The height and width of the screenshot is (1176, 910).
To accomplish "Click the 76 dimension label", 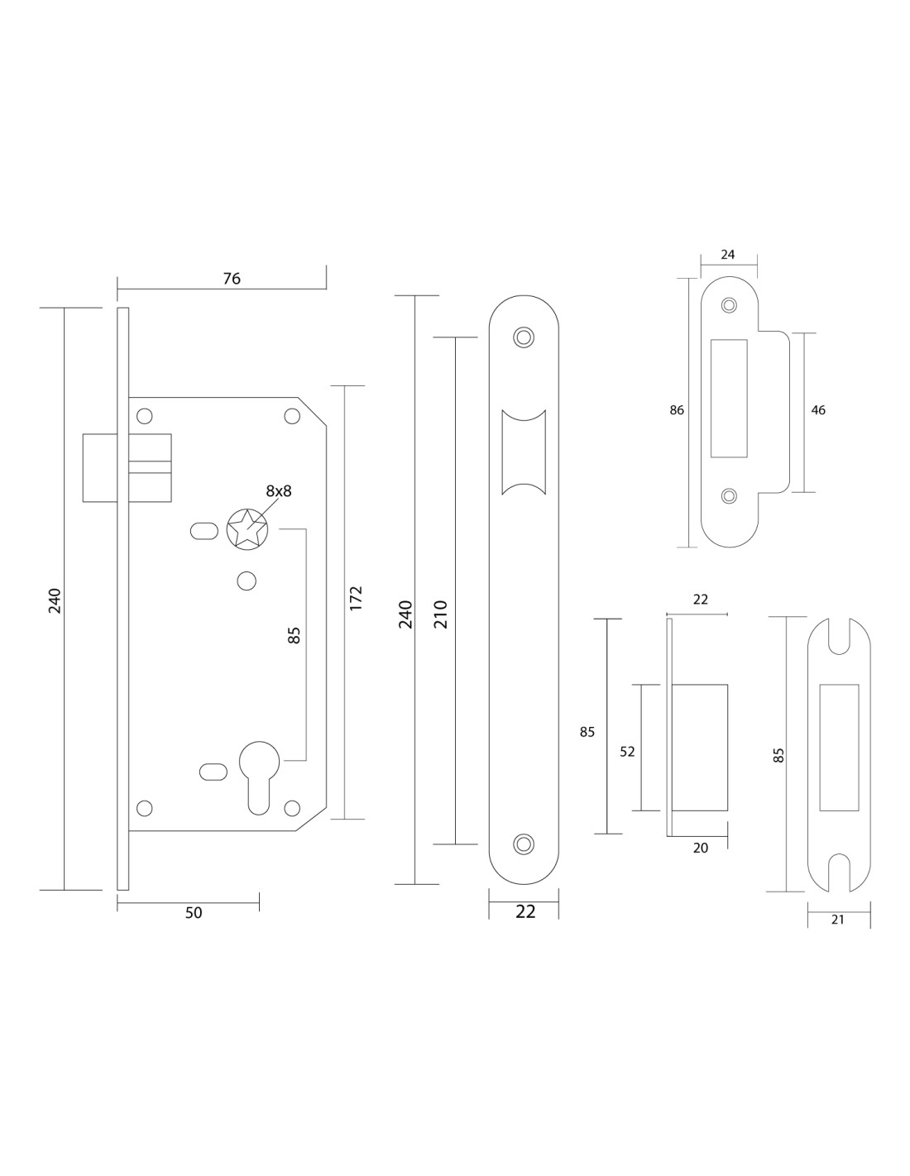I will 232,279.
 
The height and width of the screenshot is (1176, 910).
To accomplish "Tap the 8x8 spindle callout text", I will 279,490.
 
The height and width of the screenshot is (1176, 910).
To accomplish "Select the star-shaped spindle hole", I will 247,528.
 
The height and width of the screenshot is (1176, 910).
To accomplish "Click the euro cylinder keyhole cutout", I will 259,769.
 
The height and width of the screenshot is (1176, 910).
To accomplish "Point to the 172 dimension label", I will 356,599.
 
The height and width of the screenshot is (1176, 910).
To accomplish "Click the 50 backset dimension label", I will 193,912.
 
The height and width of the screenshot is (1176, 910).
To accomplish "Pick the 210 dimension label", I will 440,614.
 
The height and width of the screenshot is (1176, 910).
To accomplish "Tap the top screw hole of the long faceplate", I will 523,337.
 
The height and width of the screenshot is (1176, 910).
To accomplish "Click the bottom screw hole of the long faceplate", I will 523,844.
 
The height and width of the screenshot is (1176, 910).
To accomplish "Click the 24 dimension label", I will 728,255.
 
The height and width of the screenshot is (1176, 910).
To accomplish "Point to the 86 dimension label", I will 677,410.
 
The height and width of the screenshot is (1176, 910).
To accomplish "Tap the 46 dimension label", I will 818,410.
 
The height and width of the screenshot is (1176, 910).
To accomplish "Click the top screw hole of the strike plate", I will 729,305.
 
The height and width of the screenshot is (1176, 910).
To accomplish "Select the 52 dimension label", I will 627,751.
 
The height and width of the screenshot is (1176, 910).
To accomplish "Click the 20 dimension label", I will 701,848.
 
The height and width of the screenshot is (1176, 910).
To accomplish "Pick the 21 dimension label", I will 838,919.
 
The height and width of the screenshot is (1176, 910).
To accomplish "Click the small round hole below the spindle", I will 246,581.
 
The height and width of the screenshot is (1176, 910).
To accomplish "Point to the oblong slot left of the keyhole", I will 213,772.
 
